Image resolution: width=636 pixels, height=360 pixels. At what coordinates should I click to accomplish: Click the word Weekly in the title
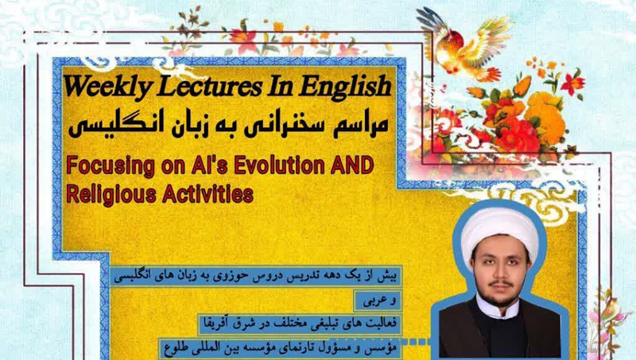(107, 87)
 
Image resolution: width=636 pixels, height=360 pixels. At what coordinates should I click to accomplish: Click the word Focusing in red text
(111, 166)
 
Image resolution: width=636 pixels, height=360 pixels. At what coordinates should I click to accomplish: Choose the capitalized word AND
(352, 165)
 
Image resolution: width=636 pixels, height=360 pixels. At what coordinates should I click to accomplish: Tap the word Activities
(208, 194)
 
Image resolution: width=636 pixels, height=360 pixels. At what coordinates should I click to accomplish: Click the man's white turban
(500, 229)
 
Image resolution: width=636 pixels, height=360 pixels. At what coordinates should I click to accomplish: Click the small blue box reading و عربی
(378, 301)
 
